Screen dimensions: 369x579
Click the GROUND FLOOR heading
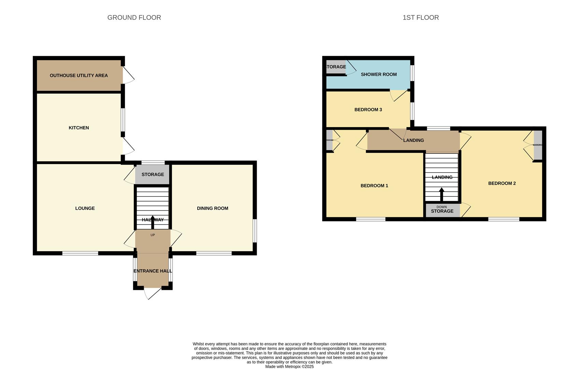pyautogui.click(x=134, y=17)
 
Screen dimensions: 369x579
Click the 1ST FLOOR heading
pyautogui.click(x=421, y=17)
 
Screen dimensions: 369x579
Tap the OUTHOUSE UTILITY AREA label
pyautogui.click(x=79, y=76)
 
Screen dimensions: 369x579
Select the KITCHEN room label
pyautogui.click(x=79, y=128)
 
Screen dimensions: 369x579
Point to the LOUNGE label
pyautogui.click(x=85, y=208)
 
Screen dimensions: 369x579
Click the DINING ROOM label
pyautogui.click(x=212, y=208)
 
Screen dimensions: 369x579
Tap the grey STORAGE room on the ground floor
pyautogui.click(x=153, y=175)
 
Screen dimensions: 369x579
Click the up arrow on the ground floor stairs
pyautogui.click(x=153, y=222)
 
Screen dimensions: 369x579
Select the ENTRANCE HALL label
pyautogui.click(x=153, y=271)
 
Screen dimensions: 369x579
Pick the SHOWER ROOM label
pyautogui.click(x=379, y=74)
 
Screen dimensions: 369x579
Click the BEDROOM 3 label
pyautogui.click(x=368, y=110)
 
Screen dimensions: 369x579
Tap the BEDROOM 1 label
pyautogui.click(x=374, y=186)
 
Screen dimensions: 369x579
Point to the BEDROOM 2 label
pyautogui.click(x=502, y=183)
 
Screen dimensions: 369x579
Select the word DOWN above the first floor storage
pyautogui.click(x=441, y=207)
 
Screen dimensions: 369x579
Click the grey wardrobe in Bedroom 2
pyautogui.click(x=538, y=145)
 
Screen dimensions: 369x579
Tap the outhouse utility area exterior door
pyautogui.click(x=128, y=75)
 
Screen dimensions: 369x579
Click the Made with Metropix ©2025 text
pyautogui.click(x=289, y=367)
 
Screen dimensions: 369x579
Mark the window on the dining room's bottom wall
pyautogui.click(x=214, y=254)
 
